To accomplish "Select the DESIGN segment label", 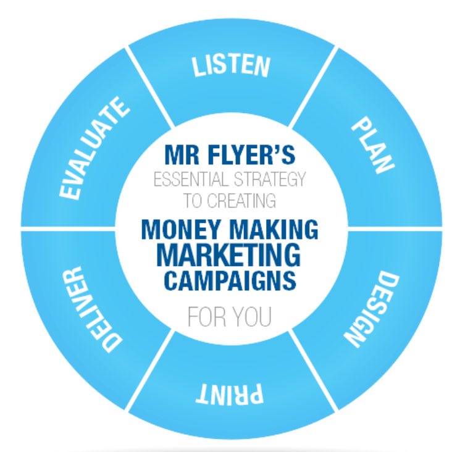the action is point(372,307).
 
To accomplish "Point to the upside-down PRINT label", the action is point(230,393).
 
